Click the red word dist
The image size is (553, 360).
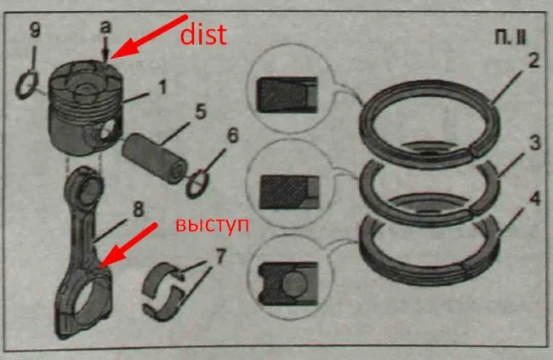[x=203, y=35]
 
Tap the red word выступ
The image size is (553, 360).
[x=212, y=226]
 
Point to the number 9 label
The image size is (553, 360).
[x=35, y=31]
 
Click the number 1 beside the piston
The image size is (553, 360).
[x=162, y=87]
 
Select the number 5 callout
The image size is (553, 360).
[x=200, y=112]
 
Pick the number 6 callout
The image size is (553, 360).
[x=233, y=136]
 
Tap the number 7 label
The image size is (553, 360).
[x=219, y=256]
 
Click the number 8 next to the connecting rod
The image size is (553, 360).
[x=138, y=209]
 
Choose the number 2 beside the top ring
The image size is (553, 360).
[x=533, y=60]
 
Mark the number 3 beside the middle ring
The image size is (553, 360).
[x=534, y=143]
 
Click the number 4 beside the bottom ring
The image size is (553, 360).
[x=535, y=198]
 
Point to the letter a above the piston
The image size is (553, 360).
[x=105, y=27]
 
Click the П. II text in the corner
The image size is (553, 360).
[x=510, y=37]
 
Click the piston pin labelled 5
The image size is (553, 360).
[x=154, y=157]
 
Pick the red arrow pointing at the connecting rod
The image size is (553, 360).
[x=128, y=246]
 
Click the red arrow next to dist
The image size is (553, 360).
[x=149, y=37]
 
